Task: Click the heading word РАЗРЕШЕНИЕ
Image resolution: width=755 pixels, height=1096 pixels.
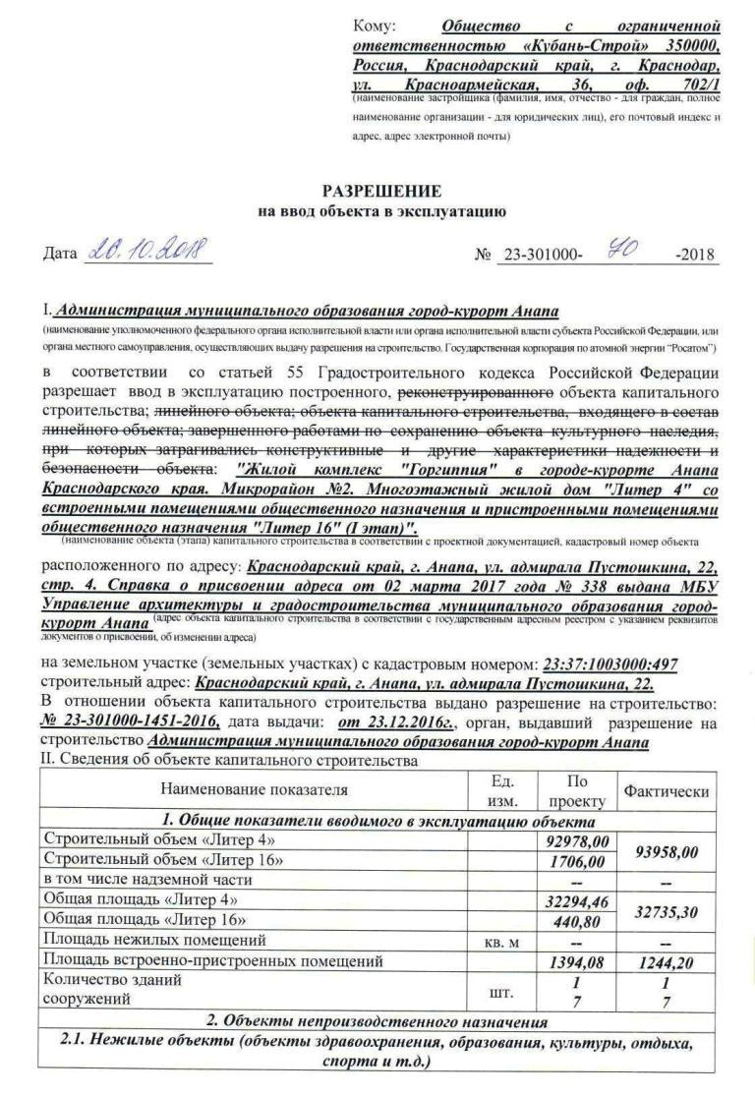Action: tap(382, 192)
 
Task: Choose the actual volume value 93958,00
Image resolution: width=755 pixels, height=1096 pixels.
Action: tap(666, 851)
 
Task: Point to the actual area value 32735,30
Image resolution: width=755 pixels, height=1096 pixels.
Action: tap(666, 911)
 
